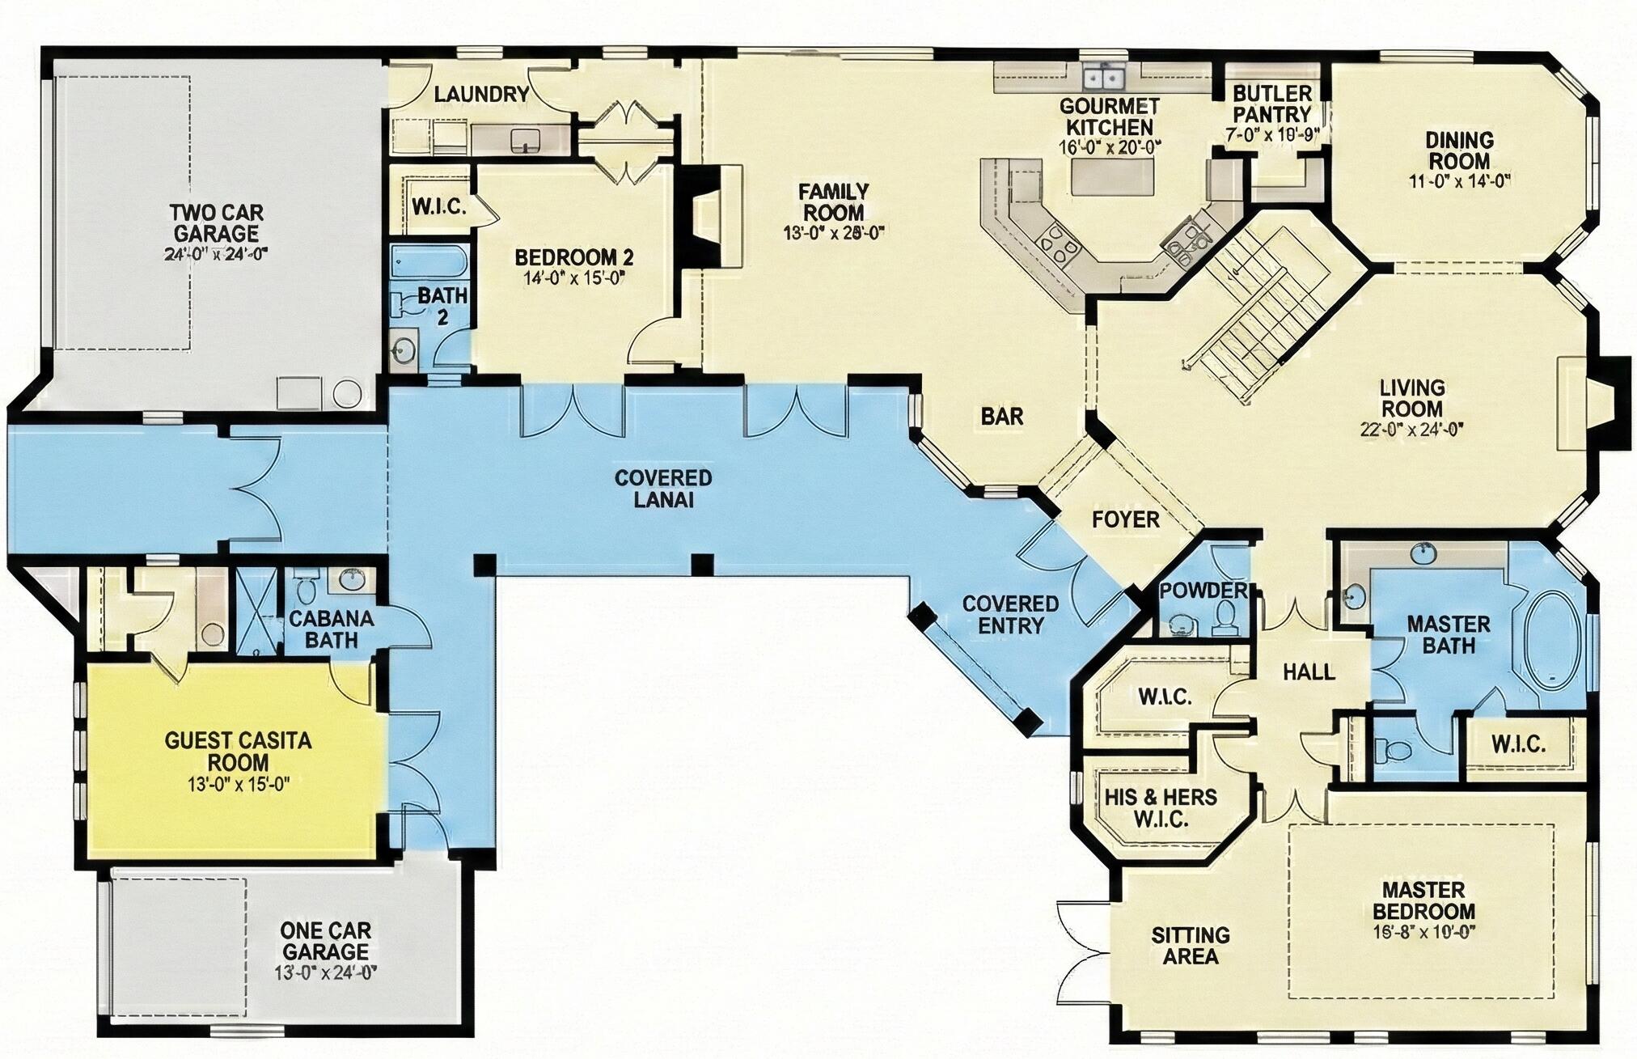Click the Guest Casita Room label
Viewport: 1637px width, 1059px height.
point(238,752)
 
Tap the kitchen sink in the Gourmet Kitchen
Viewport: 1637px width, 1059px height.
point(1104,78)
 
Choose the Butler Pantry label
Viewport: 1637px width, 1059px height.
point(1271,104)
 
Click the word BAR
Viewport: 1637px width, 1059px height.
point(1002,417)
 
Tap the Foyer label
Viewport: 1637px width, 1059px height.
point(1126,519)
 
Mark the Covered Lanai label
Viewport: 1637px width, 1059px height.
point(663,488)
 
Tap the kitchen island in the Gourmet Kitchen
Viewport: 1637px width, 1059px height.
point(1114,177)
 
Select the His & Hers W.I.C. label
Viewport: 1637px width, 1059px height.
point(1161,807)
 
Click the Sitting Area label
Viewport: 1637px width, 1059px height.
point(1191,946)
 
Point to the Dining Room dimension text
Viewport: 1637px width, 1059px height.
point(1459,182)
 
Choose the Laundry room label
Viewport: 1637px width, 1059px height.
point(481,95)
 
